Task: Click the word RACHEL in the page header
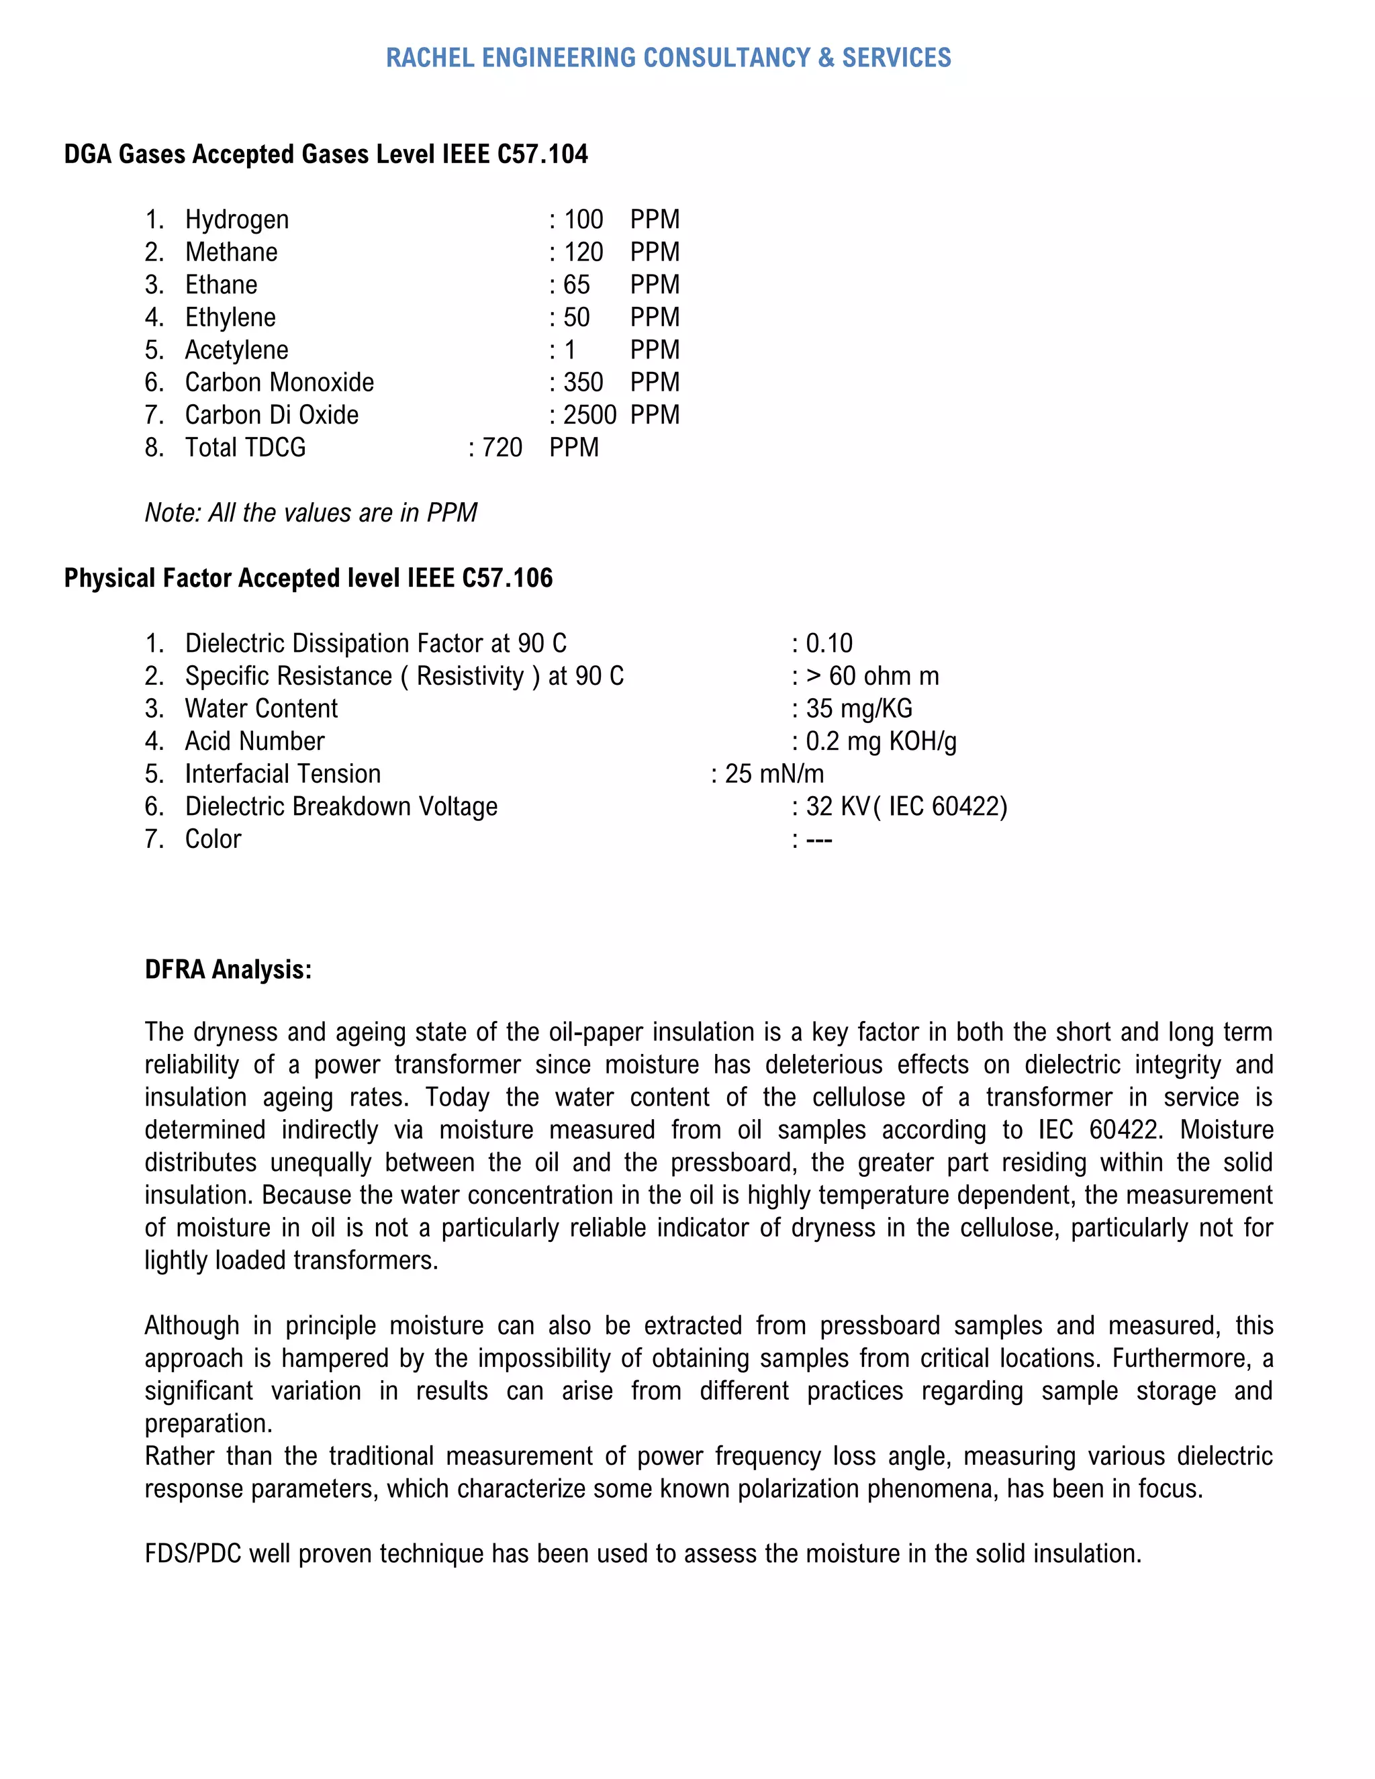(x=428, y=58)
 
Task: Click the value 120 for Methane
(x=583, y=252)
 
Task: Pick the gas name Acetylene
(x=236, y=350)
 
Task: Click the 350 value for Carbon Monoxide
(x=583, y=382)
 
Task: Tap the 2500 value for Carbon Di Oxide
(x=589, y=415)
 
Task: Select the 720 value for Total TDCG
(x=502, y=447)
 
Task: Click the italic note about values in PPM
(x=310, y=512)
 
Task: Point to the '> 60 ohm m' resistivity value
(x=871, y=675)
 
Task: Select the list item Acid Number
(x=254, y=740)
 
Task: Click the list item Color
(x=213, y=838)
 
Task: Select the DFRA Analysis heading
(x=228, y=969)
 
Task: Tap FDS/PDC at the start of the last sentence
(x=193, y=1553)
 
